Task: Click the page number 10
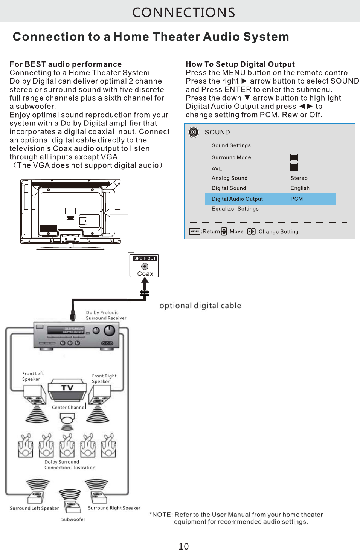(183, 546)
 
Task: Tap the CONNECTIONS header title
(183, 12)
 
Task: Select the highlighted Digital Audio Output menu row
(270, 199)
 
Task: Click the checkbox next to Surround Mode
(294, 157)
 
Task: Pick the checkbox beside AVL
(294, 167)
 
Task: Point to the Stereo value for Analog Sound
(299, 178)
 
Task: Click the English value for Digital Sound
(300, 188)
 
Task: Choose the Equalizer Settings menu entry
(235, 209)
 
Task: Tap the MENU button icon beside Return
(194, 231)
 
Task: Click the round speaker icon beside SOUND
(194, 132)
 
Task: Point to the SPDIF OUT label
(145, 258)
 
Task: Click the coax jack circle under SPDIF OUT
(145, 266)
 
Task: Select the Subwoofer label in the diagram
(73, 519)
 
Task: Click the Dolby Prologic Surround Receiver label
(106, 315)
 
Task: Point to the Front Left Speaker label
(33, 376)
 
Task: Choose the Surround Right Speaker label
(114, 508)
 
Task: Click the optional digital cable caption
(200, 306)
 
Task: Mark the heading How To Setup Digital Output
(240, 64)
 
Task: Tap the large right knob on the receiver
(109, 331)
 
